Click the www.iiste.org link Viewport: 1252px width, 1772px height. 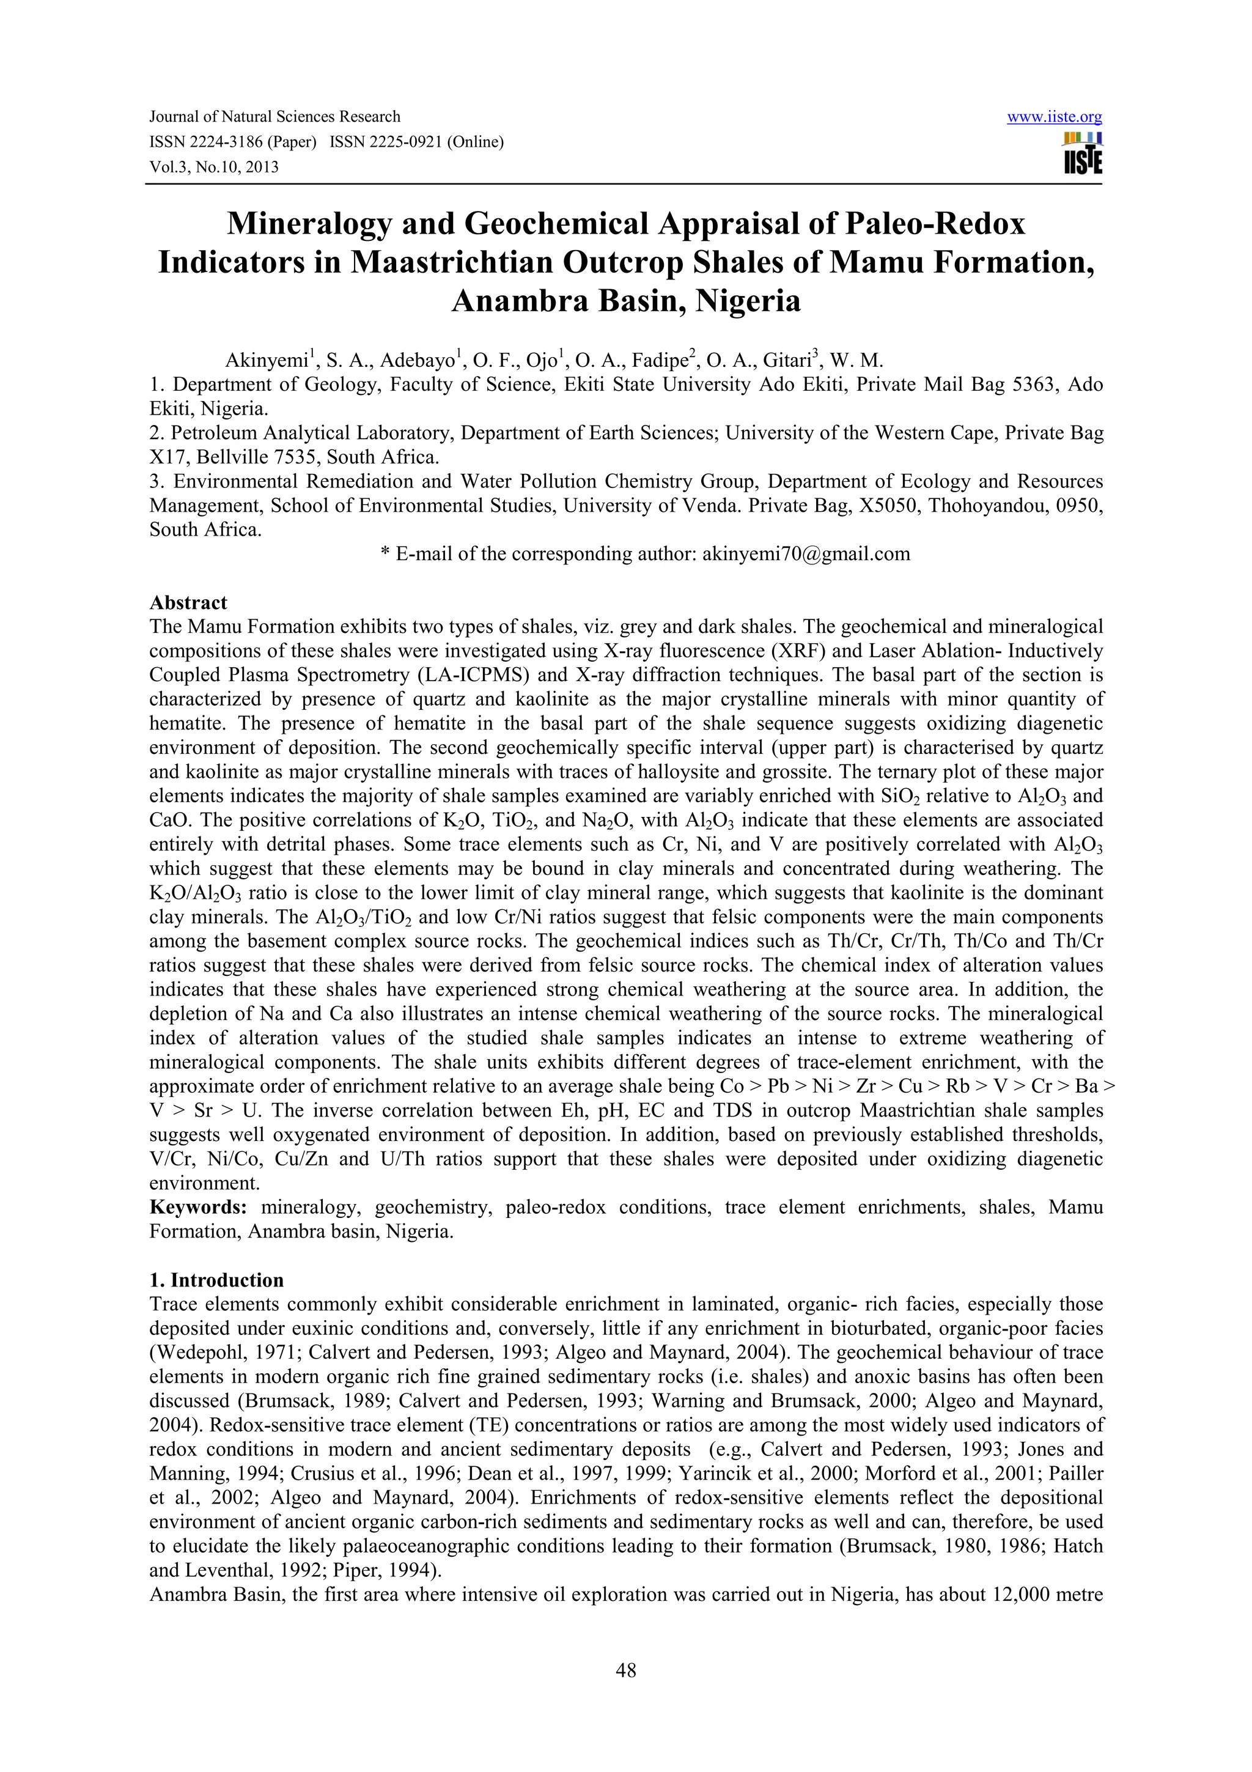click(x=1054, y=117)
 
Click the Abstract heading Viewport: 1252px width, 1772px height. click(x=188, y=602)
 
